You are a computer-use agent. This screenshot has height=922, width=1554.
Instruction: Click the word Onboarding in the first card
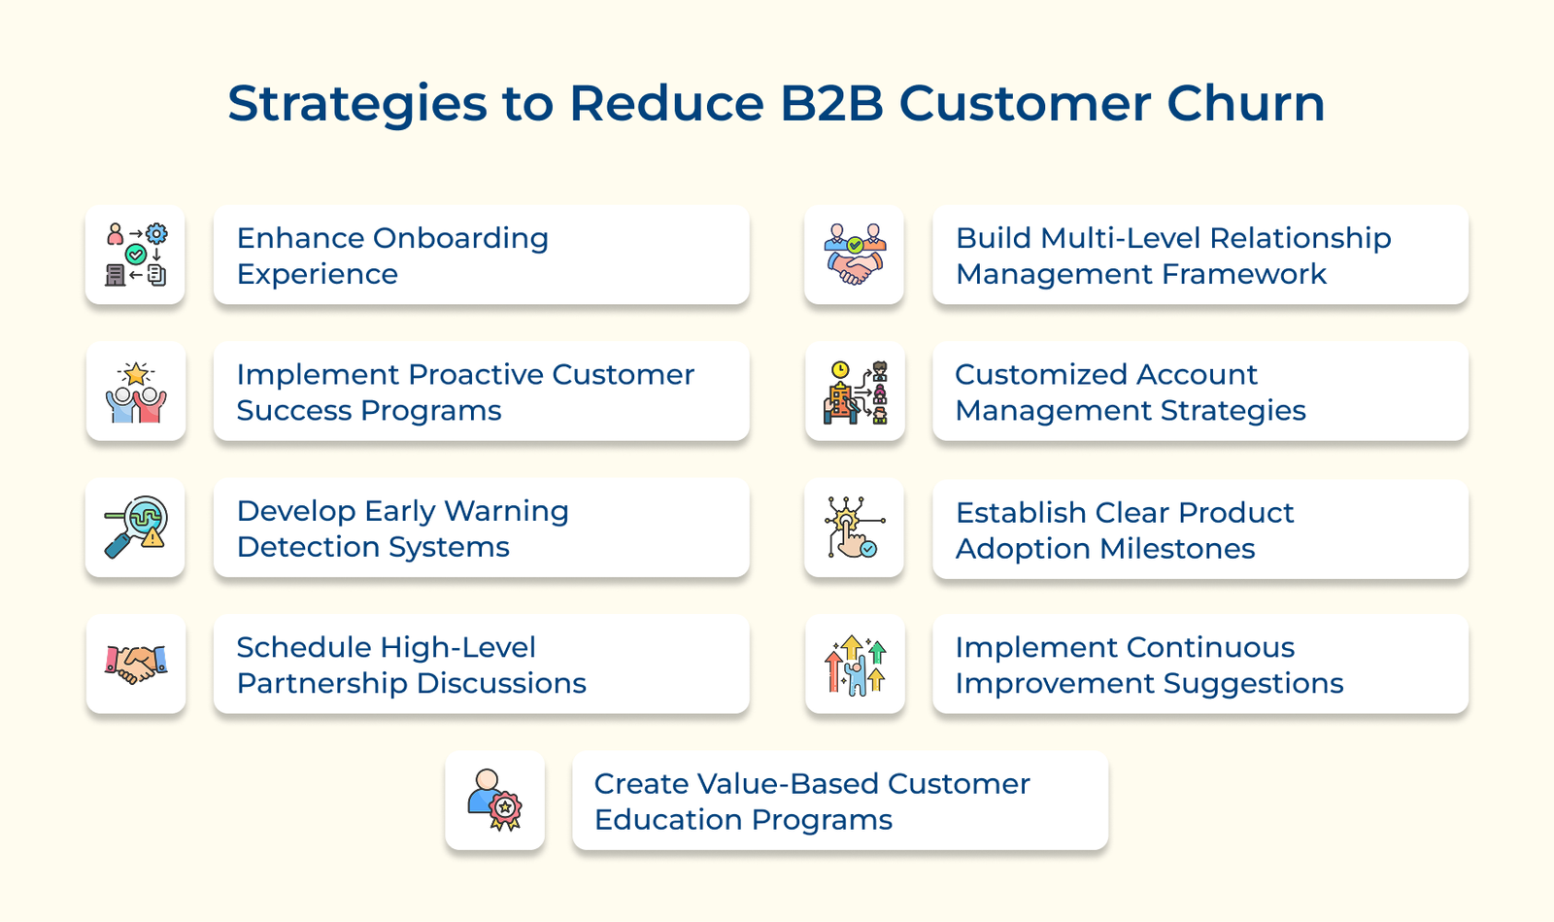tap(460, 238)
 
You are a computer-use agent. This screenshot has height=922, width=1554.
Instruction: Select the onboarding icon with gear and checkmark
tap(135, 255)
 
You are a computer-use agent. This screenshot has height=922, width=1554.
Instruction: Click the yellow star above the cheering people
tap(136, 373)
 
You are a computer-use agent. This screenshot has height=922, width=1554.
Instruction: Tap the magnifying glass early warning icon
tap(135, 528)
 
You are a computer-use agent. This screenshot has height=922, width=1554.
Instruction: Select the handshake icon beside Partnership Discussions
tap(135, 664)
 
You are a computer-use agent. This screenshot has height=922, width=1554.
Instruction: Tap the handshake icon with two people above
tap(854, 255)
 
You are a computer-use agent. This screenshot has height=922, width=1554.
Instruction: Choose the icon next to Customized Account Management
tap(855, 392)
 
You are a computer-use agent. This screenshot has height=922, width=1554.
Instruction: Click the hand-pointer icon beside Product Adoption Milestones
tap(854, 529)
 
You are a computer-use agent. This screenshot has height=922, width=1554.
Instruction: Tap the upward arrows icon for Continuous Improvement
tap(855, 665)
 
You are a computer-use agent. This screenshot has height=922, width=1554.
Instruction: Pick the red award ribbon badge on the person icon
tap(505, 808)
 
